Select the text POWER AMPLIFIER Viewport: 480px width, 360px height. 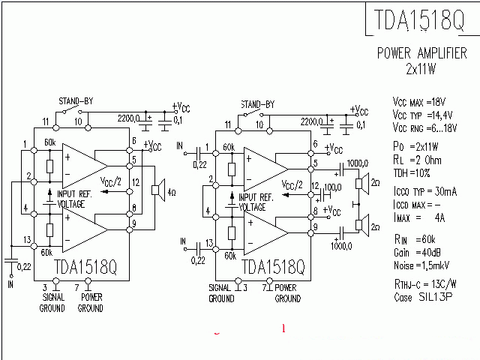(x=421, y=54)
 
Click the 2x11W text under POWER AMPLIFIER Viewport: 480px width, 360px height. (x=421, y=69)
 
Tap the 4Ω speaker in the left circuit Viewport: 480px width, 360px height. (x=159, y=190)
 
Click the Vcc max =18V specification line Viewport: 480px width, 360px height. (x=420, y=101)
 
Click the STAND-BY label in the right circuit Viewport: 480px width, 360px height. (x=257, y=104)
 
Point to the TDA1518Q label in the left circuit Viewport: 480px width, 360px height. (x=86, y=267)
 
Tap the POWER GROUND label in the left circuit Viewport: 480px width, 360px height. (x=91, y=303)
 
